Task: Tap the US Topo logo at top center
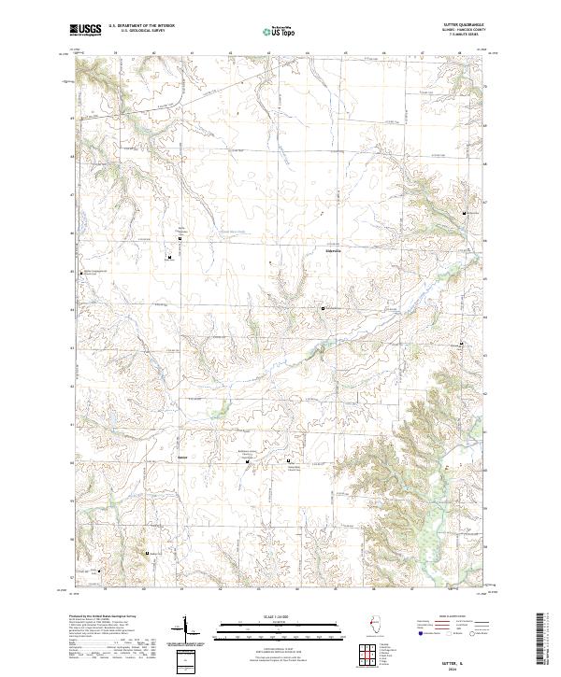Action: click(x=280, y=31)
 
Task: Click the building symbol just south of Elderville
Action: click(x=324, y=308)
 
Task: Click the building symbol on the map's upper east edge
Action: click(x=466, y=214)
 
